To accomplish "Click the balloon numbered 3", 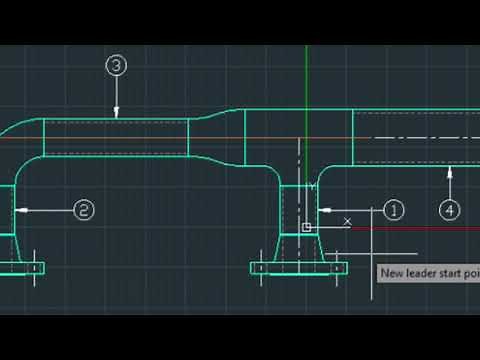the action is coord(117,66).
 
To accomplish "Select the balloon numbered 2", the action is coord(84,210).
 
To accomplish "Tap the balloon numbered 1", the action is coord(393,210).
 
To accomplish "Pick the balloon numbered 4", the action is coord(450,209).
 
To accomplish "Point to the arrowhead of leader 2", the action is coord(20,210).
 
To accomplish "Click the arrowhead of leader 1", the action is coord(322,210).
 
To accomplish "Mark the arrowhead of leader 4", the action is coord(450,171).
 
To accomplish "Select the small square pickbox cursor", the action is coord(307,228).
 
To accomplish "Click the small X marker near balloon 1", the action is coord(347,220).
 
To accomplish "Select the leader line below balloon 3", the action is coord(117,95).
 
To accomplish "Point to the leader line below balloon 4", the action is coord(450,185).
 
